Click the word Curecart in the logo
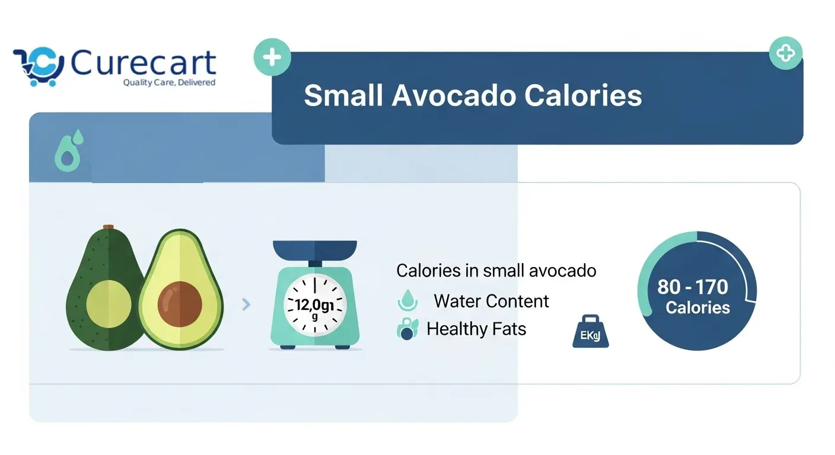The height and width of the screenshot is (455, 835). pyautogui.click(x=144, y=63)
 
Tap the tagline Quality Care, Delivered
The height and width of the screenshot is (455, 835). pyautogui.click(x=169, y=82)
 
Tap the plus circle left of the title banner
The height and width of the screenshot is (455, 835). pyautogui.click(x=272, y=57)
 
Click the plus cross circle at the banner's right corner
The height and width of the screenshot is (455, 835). pyautogui.click(x=785, y=54)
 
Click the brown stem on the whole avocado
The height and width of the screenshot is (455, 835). pyautogui.click(x=108, y=227)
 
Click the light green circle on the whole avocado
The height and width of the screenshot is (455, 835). pyautogui.click(x=109, y=303)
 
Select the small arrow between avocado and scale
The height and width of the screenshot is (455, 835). pyautogui.click(x=246, y=305)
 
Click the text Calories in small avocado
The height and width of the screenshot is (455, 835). pyautogui.click(x=496, y=271)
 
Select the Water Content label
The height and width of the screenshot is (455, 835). pyautogui.click(x=491, y=301)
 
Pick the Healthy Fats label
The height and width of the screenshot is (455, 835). pyautogui.click(x=476, y=329)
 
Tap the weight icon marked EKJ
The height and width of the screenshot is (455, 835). pyautogui.click(x=590, y=332)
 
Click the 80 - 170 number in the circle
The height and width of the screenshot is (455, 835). pyautogui.click(x=692, y=287)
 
